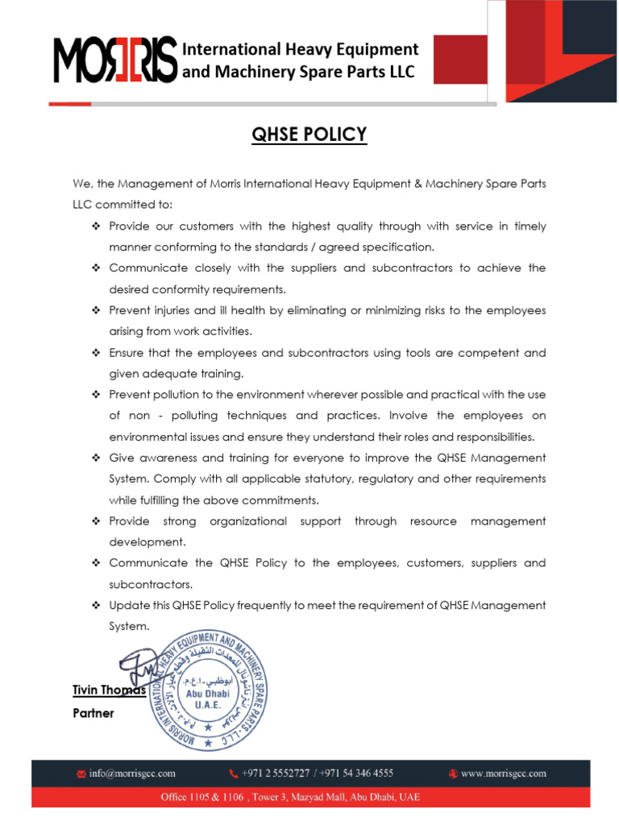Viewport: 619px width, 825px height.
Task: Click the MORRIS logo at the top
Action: (x=114, y=61)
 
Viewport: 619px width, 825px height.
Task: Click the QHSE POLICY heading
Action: (x=309, y=134)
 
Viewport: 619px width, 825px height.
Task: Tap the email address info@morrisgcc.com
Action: (x=132, y=773)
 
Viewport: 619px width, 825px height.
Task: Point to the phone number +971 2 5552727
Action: (x=276, y=773)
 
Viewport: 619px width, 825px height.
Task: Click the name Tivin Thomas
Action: (x=108, y=690)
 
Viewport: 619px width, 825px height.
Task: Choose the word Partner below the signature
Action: (x=93, y=713)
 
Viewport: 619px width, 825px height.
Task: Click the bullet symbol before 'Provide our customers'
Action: (x=95, y=226)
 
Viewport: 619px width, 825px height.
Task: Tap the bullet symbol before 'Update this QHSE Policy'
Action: (x=95, y=605)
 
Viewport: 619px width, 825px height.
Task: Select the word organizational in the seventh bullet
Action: (x=248, y=521)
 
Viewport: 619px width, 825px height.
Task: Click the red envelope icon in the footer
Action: (x=81, y=774)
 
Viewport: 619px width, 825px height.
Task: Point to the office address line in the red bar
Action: (x=309, y=797)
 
